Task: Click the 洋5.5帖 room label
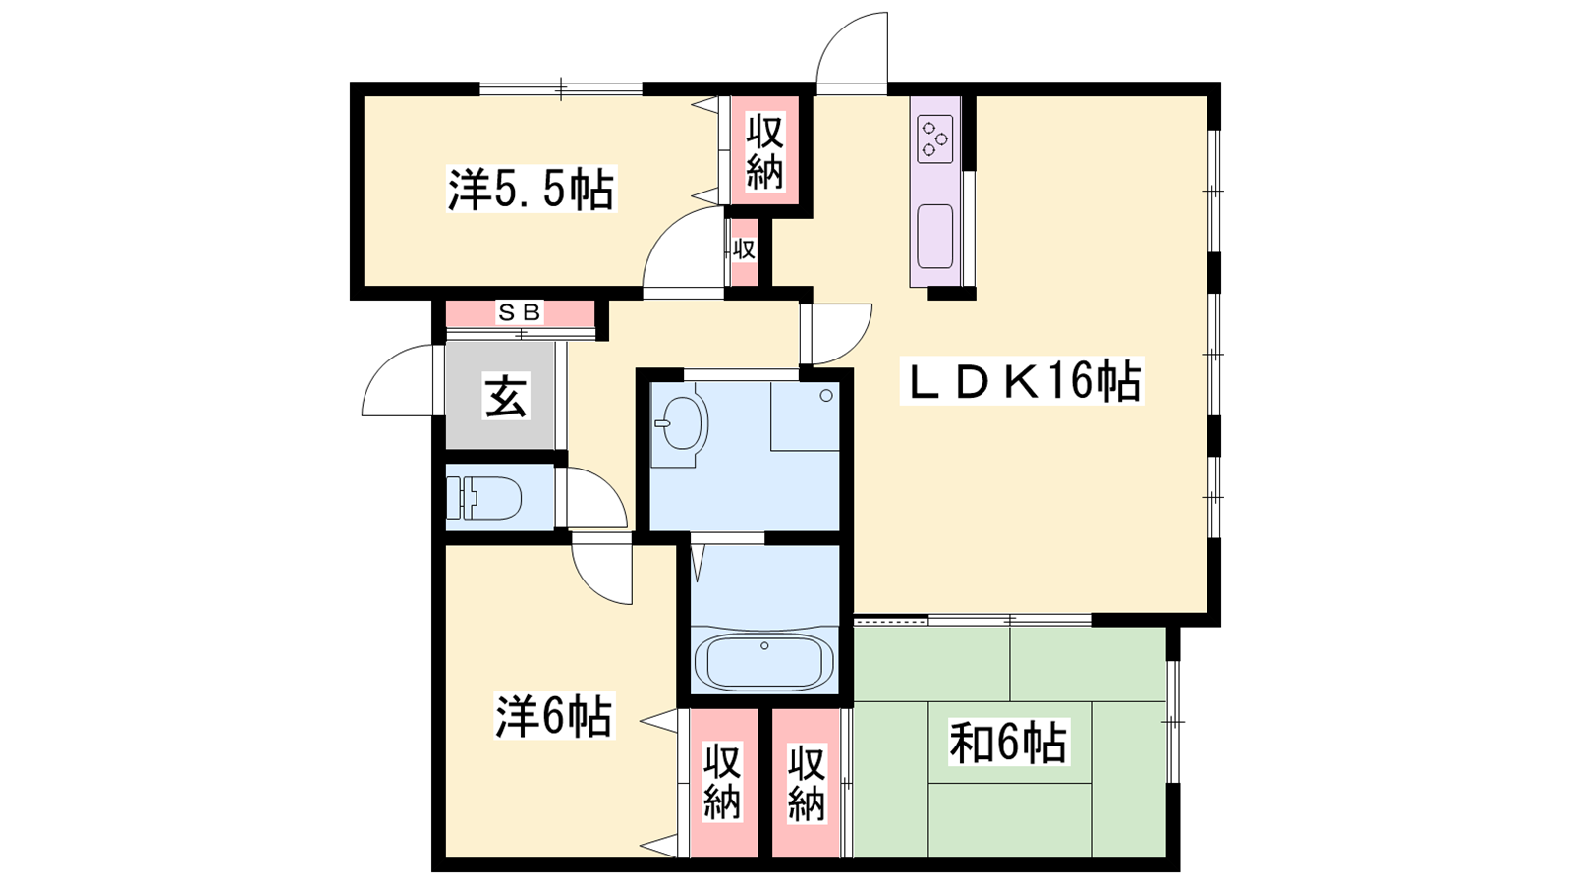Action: point(532,189)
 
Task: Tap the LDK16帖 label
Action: point(1022,380)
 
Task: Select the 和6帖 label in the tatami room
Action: point(1008,743)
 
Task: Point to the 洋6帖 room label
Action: point(554,716)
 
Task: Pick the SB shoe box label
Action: point(520,311)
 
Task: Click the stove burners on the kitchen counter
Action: point(934,138)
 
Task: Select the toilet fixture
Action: point(483,497)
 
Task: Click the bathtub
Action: point(764,661)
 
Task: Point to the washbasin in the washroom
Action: point(679,423)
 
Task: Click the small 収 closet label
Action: point(744,249)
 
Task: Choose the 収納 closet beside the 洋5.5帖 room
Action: point(764,153)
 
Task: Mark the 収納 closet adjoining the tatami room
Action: point(806,784)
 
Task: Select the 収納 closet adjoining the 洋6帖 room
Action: point(722,782)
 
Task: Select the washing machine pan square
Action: point(805,415)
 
